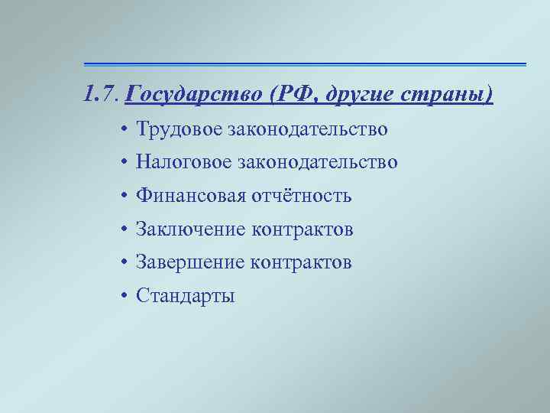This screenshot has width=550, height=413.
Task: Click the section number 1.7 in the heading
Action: coord(100,96)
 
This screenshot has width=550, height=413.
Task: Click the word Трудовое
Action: coord(177,129)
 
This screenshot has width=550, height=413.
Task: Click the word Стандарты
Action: coord(185,296)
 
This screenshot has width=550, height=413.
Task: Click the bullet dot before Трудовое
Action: coord(124,130)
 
